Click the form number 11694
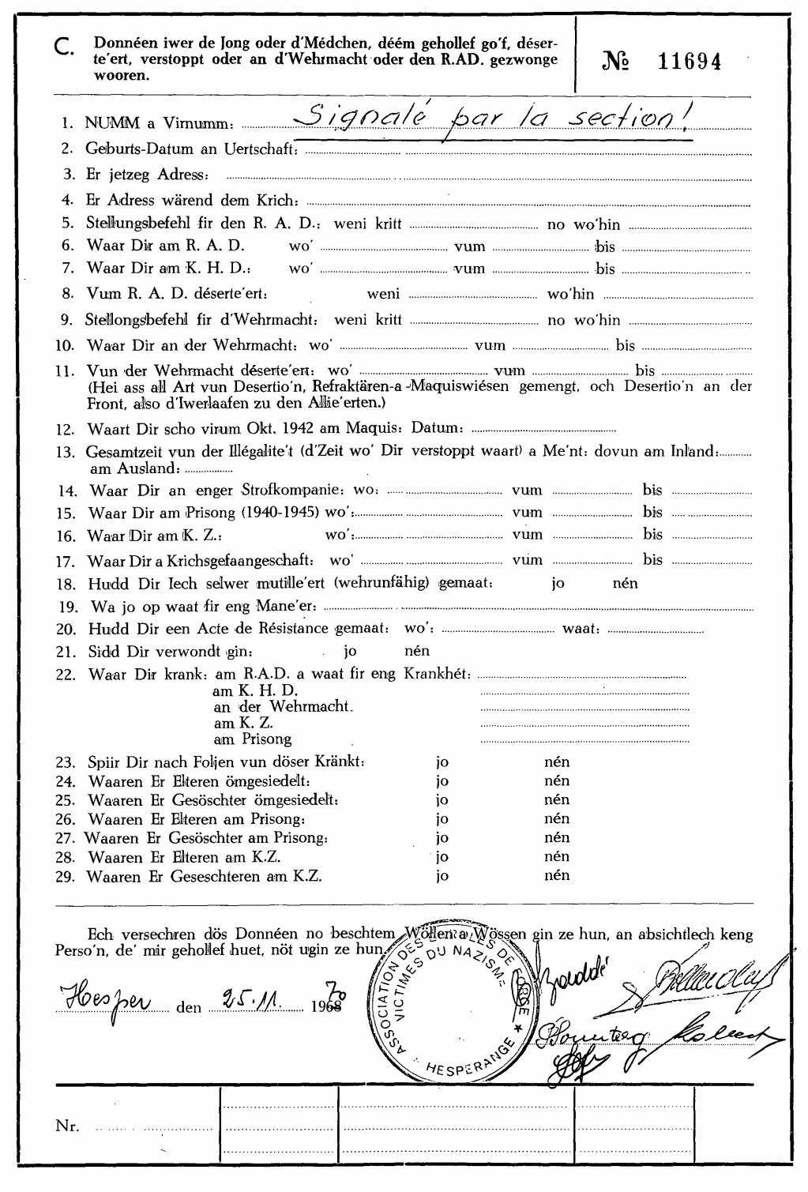(689, 62)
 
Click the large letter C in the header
(65, 50)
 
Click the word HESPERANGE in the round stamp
(460, 1068)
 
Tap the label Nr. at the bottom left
(67, 1126)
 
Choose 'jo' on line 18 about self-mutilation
(558, 584)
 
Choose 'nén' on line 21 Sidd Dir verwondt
(417, 651)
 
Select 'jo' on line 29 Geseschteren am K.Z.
(442, 875)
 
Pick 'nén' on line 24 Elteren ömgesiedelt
(557, 780)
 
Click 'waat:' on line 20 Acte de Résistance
(581, 629)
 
